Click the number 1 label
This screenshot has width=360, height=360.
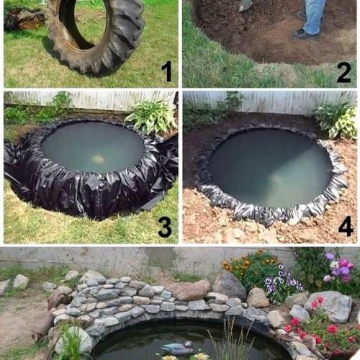pos(167,71)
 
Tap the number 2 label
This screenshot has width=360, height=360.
pos(343,71)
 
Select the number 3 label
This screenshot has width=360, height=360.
pos(165,226)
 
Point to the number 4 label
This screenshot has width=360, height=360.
pos(346,226)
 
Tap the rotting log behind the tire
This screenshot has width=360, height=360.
pos(24,19)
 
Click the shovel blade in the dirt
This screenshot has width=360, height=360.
pos(246,6)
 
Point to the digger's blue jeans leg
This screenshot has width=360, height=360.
pos(312,16)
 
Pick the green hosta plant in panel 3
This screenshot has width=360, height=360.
pos(152,117)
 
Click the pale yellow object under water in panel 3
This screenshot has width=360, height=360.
pos(98,158)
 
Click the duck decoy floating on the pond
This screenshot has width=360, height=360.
pos(178,348)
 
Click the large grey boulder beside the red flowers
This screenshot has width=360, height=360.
pos(329,306)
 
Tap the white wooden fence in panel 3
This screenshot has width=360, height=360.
pos(91,101)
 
